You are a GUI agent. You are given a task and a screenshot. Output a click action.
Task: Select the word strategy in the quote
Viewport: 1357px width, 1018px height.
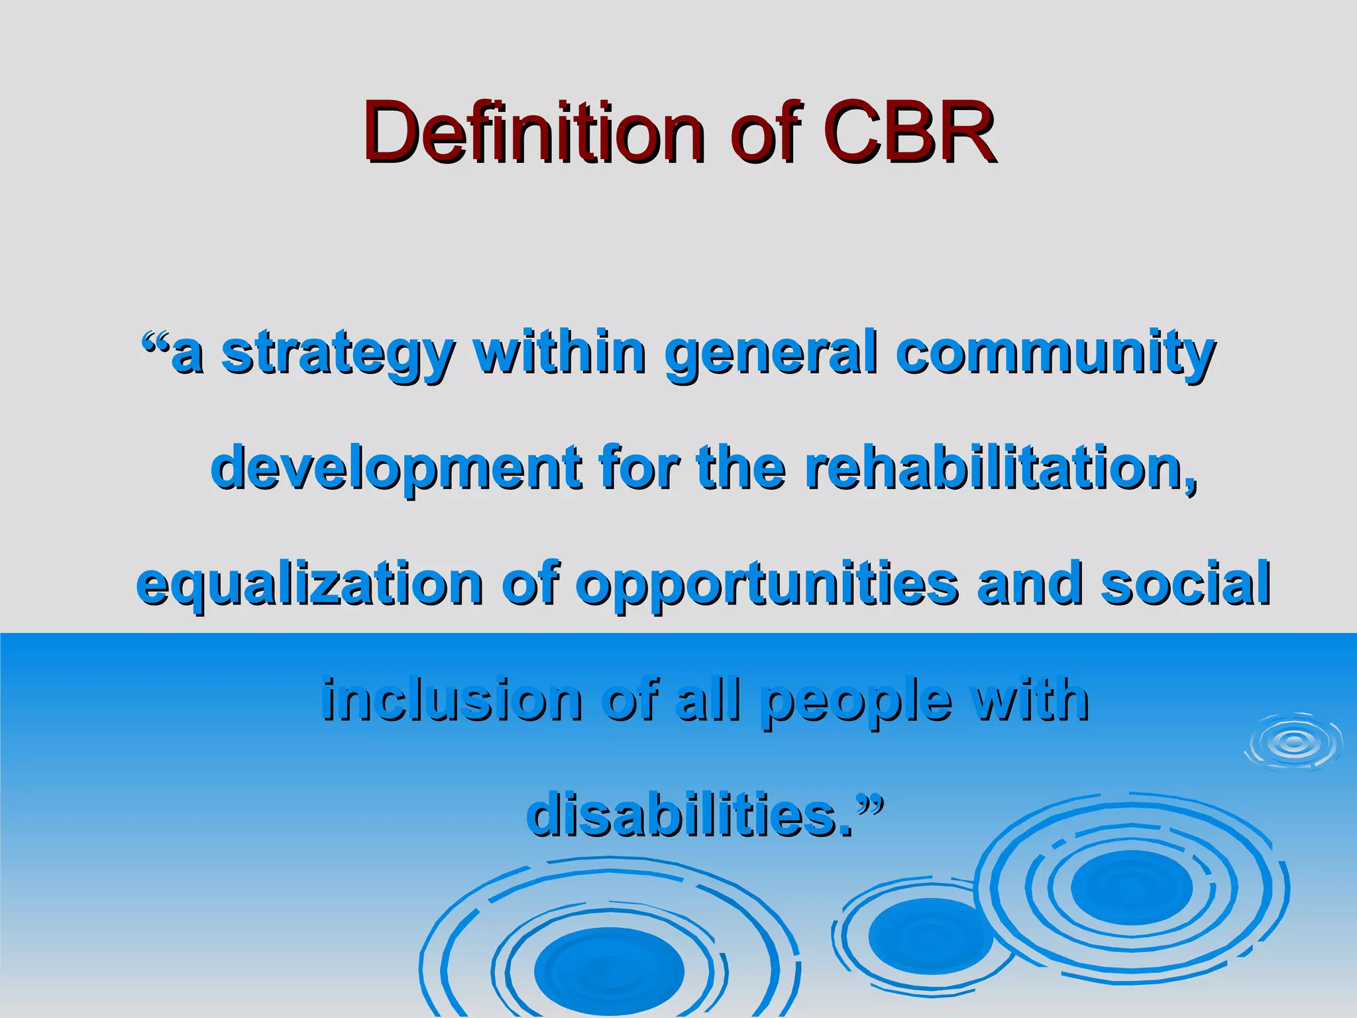tap(338, 355)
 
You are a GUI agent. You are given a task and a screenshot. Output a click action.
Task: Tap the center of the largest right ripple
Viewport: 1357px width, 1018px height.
tap(1130, 888)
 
